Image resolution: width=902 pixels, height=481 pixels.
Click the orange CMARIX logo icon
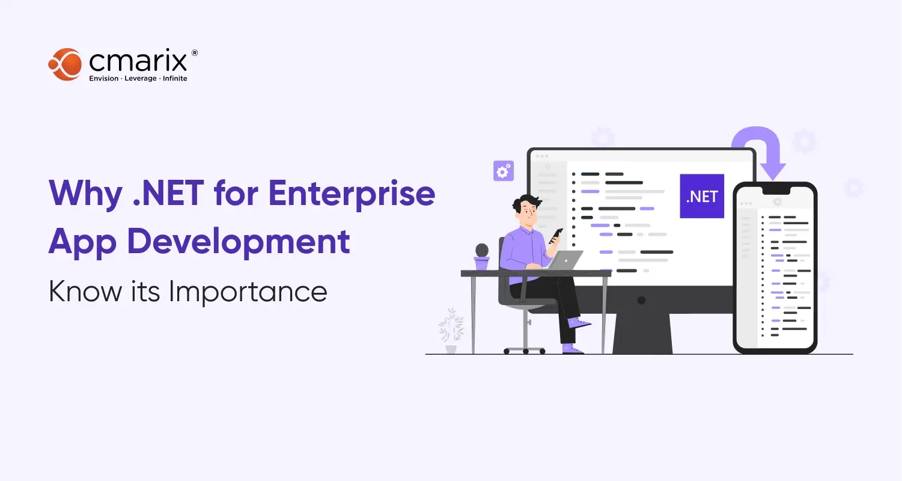64,64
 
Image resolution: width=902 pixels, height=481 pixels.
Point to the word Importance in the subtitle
248,292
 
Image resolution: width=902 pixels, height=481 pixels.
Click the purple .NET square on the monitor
701,196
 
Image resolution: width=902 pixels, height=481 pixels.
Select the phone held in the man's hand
556,234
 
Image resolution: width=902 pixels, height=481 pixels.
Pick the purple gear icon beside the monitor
502,170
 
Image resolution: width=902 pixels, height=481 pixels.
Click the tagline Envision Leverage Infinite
138,78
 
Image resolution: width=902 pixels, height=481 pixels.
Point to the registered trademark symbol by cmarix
194,54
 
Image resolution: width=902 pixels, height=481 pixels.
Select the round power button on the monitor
641,300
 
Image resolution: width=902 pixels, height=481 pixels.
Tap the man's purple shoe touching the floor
573,349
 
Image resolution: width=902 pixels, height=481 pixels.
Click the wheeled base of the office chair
524,349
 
